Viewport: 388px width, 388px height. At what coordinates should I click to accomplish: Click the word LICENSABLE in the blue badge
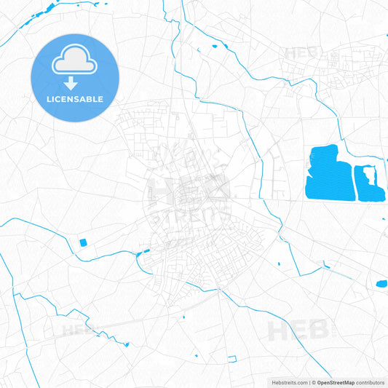75,99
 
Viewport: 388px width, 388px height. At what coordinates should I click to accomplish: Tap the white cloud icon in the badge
75,62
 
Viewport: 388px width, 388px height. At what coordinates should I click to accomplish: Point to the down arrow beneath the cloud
75,82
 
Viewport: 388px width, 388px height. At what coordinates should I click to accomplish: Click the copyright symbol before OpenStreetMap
314,382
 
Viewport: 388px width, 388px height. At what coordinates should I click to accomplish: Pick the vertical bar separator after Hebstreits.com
309,382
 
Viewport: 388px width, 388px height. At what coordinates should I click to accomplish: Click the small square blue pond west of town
82,242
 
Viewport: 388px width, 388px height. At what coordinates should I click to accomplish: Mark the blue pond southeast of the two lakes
380,283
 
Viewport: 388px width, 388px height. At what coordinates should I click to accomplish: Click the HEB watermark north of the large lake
301,53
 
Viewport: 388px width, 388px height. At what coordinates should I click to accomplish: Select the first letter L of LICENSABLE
49,99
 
